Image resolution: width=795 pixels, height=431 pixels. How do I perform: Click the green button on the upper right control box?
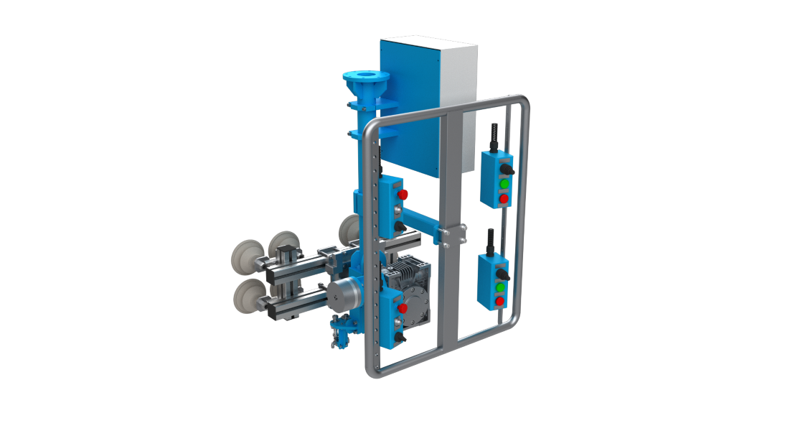[504, 183]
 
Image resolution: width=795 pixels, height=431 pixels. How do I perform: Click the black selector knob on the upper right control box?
[507, 169]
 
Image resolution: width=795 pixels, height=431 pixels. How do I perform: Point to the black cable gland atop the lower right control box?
[493, 241]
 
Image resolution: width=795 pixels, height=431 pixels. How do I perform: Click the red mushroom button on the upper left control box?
[403, 195]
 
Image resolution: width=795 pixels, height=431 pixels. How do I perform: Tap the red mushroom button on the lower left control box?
[403, 308]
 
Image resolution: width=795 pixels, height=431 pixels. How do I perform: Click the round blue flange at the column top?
[366, 76]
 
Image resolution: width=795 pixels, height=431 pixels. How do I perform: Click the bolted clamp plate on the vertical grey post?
[453, 235]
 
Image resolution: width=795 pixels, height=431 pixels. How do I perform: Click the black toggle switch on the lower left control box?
[400, 335]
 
